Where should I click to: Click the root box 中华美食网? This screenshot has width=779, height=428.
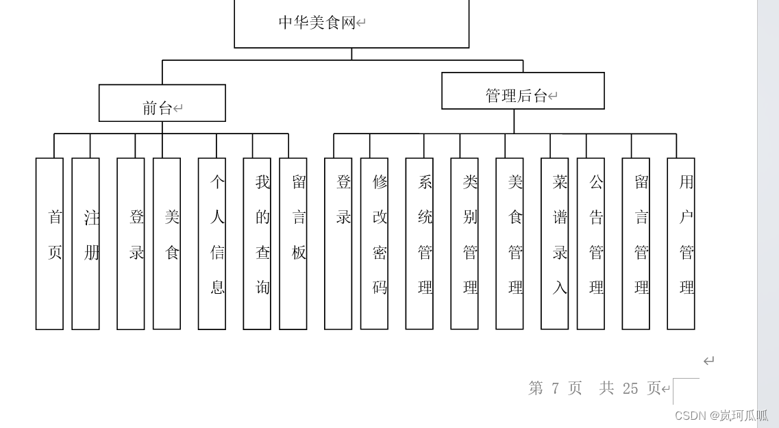[351, 23]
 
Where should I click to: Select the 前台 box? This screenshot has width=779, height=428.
[162, 103]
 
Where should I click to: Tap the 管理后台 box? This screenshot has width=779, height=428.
[523, 91]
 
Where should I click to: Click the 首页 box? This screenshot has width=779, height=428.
[49, 244]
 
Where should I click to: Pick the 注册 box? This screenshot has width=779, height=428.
[86, 244]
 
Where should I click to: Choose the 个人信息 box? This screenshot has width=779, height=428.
[212, 244]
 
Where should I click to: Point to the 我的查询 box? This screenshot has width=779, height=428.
[257, 244]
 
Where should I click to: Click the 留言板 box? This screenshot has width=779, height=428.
[293, 244]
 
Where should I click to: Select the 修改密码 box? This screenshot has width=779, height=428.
[374, 244]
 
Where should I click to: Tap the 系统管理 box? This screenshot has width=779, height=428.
[419, 244]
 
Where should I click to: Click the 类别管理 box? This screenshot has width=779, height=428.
[465, 244]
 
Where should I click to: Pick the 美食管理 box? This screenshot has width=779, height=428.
[510, 244]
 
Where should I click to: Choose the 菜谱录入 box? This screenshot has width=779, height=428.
[555, 244]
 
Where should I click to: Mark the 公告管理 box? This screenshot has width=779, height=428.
[591, 244]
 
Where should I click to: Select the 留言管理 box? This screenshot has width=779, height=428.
[636, 244]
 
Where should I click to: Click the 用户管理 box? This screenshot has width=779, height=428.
[681, 244]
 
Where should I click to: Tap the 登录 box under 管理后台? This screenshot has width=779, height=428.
[338, 244]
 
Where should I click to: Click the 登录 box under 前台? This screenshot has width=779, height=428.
[131, 244]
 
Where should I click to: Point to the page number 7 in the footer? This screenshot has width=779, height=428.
[555, 388]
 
